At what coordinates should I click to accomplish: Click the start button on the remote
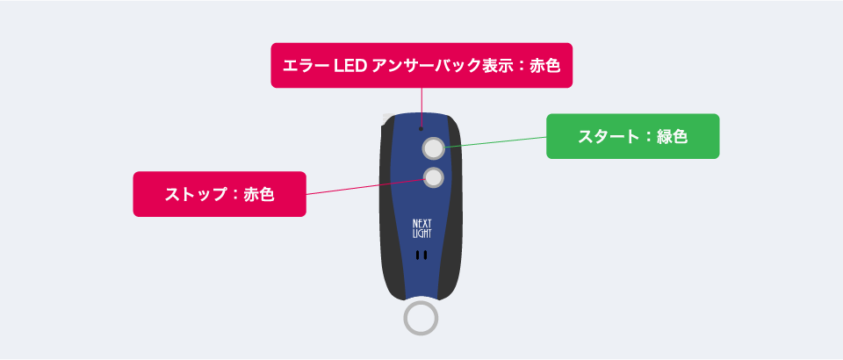pos(433,148)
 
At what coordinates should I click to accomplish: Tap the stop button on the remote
pos(433,176)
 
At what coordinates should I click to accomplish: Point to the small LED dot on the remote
pos(421,128)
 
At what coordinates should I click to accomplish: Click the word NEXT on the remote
pos(421,223)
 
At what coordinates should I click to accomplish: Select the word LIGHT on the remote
pos(421,234)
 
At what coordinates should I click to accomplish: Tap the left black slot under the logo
pos(418,256)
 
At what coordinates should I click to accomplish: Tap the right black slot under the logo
pos(425,256)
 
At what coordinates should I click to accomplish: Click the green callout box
pos(633,136)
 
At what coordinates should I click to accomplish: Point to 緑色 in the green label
pos(672,136)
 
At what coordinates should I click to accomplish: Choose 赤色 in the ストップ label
pos(258,195)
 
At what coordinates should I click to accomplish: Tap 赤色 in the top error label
pos(544,66)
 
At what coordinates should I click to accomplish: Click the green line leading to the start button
pos(495,141)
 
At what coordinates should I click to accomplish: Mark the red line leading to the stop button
pos(365,186)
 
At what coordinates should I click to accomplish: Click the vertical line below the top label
pos(421,107)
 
